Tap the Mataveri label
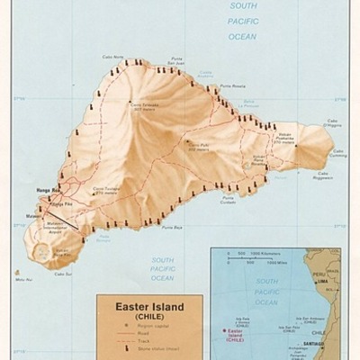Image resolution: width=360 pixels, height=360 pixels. click(x=32, y=215)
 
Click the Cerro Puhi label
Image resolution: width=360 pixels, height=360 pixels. click(x=199, y=143)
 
